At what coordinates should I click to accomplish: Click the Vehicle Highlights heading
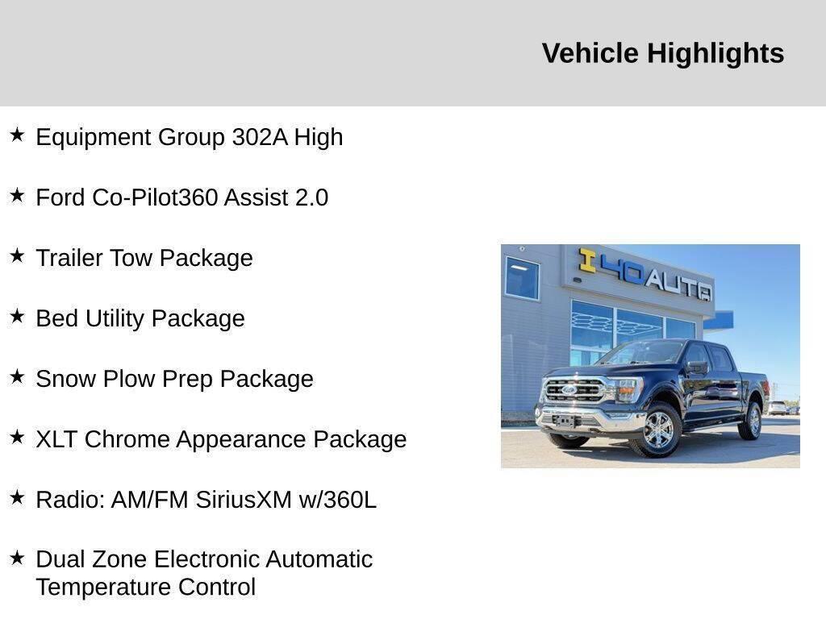(x=662, y=53)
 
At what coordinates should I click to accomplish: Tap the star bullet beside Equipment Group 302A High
(x=17, y=135)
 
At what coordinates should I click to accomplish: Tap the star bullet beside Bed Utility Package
(x=17, y=316)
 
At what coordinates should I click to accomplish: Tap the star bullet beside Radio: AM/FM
(x=17, y=497)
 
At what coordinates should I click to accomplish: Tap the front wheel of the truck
(x=658, y=429)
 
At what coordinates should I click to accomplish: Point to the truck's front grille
(x=574, y=391)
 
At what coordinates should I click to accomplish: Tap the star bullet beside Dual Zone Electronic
(x=17, y=558)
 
